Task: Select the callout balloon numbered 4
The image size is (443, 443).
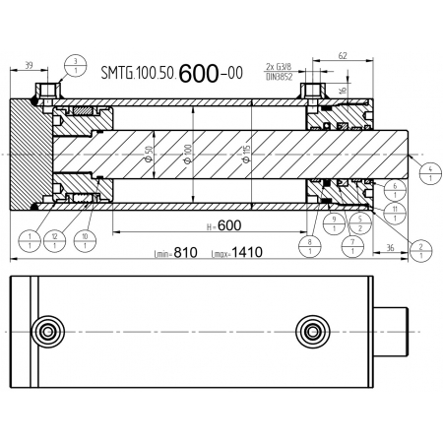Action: (x=429, y=175)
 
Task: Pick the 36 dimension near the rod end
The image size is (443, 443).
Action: (x=393, y=251)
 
